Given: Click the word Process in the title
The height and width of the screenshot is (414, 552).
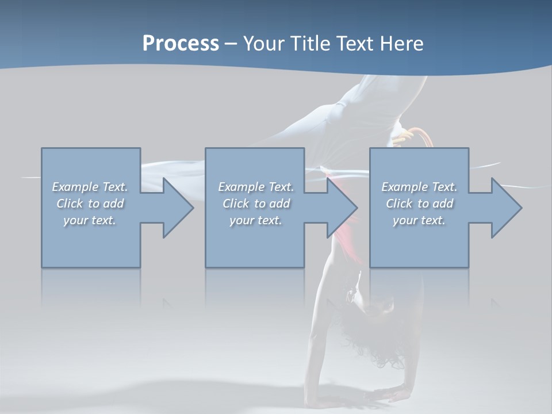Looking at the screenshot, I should [x=181, y=44].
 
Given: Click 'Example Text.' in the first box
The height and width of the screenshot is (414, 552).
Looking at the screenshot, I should [x=90, y=187].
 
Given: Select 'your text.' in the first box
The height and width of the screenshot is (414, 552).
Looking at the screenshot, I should [x=90, y=220].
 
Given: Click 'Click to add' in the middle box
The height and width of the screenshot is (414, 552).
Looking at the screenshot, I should [x=256, y=204].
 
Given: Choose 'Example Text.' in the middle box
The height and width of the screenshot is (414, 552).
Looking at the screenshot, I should [x=256, y=187].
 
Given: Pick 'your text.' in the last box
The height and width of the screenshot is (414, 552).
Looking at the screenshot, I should [x=419, y=220].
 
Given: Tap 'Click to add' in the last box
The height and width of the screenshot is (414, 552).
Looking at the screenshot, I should [x=419, y=204].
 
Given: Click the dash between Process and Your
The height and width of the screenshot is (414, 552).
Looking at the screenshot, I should [x=231, y=44].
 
